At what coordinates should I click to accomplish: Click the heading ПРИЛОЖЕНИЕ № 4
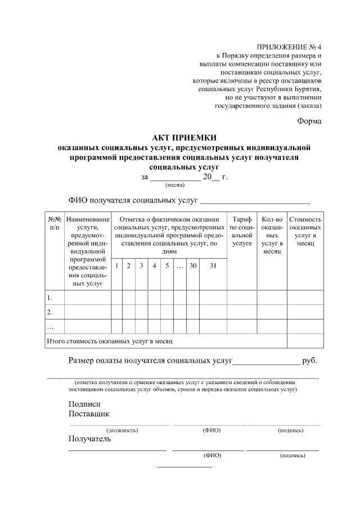[x=289, y=47]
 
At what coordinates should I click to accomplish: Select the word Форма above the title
[x=309, y=121]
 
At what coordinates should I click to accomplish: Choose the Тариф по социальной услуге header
[x=242, y=231]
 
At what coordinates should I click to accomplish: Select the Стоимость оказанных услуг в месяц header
[x=305, y=231]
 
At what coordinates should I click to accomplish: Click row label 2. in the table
[x=50, y=312]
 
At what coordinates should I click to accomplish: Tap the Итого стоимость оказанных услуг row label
[x=109, y=341]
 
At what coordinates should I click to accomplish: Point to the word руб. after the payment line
[x=309, y=361]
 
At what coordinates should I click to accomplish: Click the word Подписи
[x=84, y=404]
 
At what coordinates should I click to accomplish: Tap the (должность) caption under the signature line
[x=122, y=430]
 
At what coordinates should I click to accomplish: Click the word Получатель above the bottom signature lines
[x=90, y=439]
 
